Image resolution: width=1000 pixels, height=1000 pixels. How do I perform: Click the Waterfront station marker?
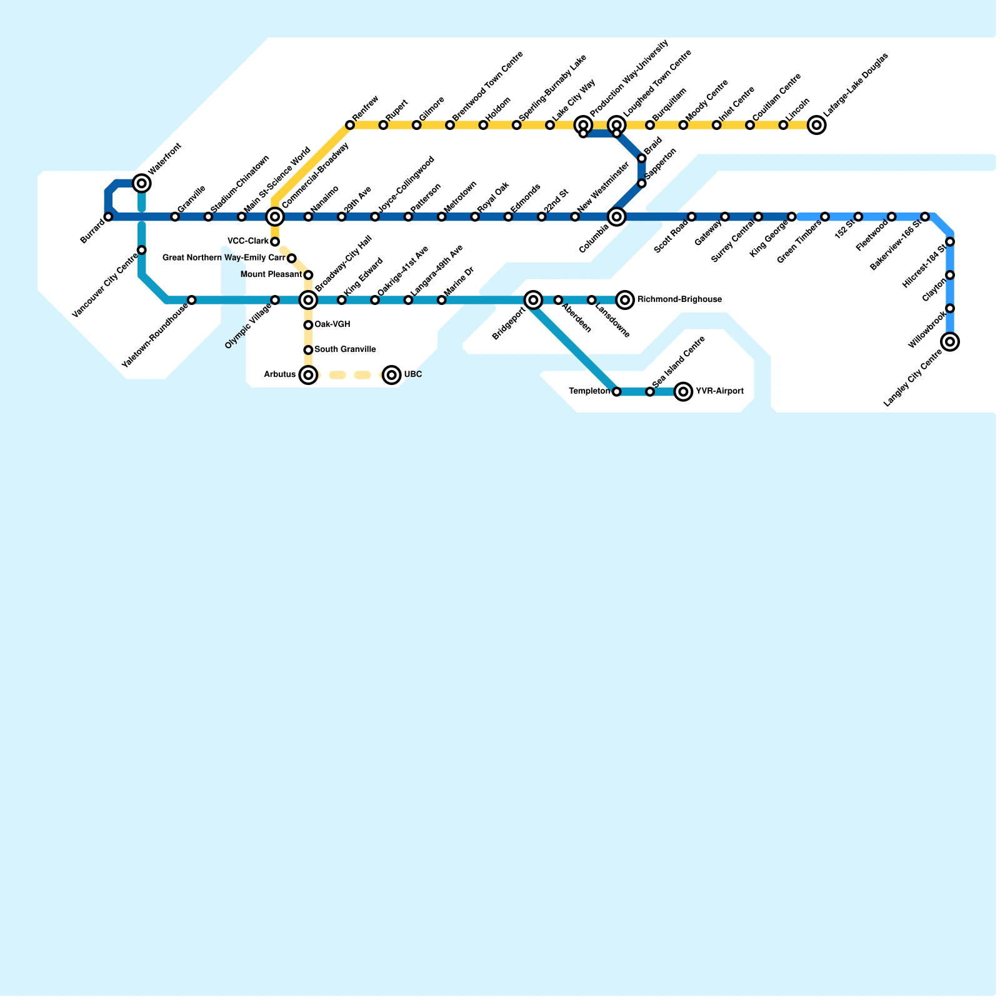coord(142,183)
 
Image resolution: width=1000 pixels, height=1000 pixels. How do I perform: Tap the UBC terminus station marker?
coord(392,375)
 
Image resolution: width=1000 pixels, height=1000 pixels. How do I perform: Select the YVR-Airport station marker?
coord(684,392)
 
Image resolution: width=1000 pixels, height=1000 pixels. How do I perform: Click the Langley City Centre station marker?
coord(950,341)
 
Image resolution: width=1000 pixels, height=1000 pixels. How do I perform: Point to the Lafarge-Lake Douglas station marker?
coord(816,125)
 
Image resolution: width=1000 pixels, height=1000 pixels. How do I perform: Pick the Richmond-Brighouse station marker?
coord(625,300)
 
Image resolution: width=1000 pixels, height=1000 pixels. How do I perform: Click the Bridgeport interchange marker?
coord(533,300)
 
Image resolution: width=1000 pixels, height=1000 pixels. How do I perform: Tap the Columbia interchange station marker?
coord(617,217)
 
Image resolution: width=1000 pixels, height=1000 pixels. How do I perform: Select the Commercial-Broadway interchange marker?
coord(275,217)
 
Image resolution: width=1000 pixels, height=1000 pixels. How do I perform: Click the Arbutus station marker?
coord(308,375)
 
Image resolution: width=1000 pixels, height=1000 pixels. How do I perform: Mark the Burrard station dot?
coord(109,217)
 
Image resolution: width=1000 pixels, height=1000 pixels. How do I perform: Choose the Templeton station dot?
coord(617,392)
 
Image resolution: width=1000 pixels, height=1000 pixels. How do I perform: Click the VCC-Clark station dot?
coord(275,242)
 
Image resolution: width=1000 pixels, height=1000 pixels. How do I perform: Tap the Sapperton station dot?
coord(642,183)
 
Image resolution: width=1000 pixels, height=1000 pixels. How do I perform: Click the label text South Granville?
coord(345,349)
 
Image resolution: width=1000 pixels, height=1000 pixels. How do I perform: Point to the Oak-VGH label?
coord(332,324)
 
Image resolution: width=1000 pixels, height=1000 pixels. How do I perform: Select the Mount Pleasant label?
coord(271,274)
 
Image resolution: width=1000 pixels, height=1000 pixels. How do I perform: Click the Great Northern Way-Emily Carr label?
coord(224,257)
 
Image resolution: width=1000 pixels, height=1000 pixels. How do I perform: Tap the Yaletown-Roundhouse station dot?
coord(192,300)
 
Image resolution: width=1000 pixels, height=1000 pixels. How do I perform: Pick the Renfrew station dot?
coord(350,126)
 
